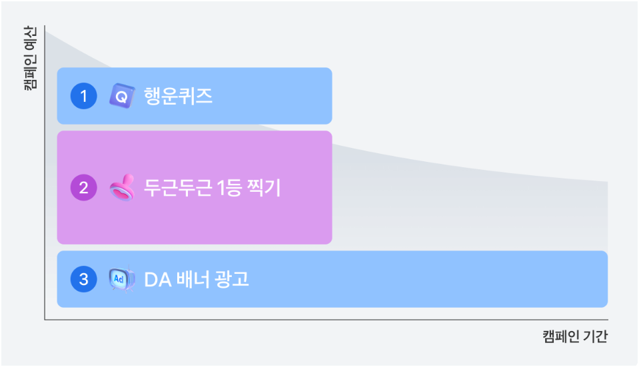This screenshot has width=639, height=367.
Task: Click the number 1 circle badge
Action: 83,97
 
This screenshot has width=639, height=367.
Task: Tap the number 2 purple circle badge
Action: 83,188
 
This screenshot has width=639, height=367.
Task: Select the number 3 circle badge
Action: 83,279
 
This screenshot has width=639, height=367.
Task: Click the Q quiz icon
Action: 121,97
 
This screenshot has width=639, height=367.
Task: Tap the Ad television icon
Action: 122,279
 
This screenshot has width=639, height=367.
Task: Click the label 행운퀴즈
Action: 178,97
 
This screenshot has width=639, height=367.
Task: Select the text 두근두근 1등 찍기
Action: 213,188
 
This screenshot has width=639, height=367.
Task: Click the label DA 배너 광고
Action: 197,279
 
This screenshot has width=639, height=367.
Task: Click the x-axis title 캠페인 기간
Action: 575,336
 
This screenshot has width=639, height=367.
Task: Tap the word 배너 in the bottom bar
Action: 192,279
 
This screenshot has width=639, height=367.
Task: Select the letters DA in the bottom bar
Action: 156,279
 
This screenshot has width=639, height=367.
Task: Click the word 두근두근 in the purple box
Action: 173,188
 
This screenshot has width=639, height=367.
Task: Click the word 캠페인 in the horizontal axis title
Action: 560,336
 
